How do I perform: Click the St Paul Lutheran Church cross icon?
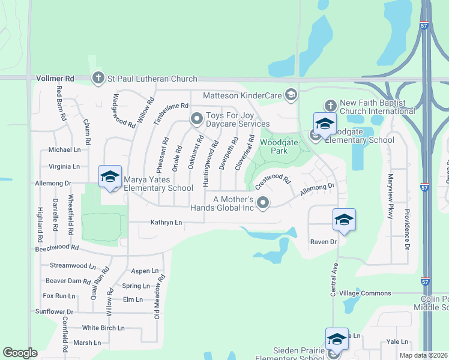(98, 78)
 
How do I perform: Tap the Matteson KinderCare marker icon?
(291, 95)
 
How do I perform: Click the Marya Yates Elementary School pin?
(110, 177)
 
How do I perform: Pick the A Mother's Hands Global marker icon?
(263, 204)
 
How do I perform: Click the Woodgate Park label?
(274, 146)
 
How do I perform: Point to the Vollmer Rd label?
(55, 79)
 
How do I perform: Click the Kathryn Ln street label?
(166, 223)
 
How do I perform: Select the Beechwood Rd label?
(57, 247)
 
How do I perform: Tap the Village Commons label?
(365, 293)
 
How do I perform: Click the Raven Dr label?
(324, 242)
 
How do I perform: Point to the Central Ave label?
(334, 279)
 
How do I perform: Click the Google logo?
(20, 353)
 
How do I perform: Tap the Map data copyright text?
(423, 355)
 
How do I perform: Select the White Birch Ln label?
(103, 328)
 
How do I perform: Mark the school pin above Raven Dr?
(344, 220)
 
